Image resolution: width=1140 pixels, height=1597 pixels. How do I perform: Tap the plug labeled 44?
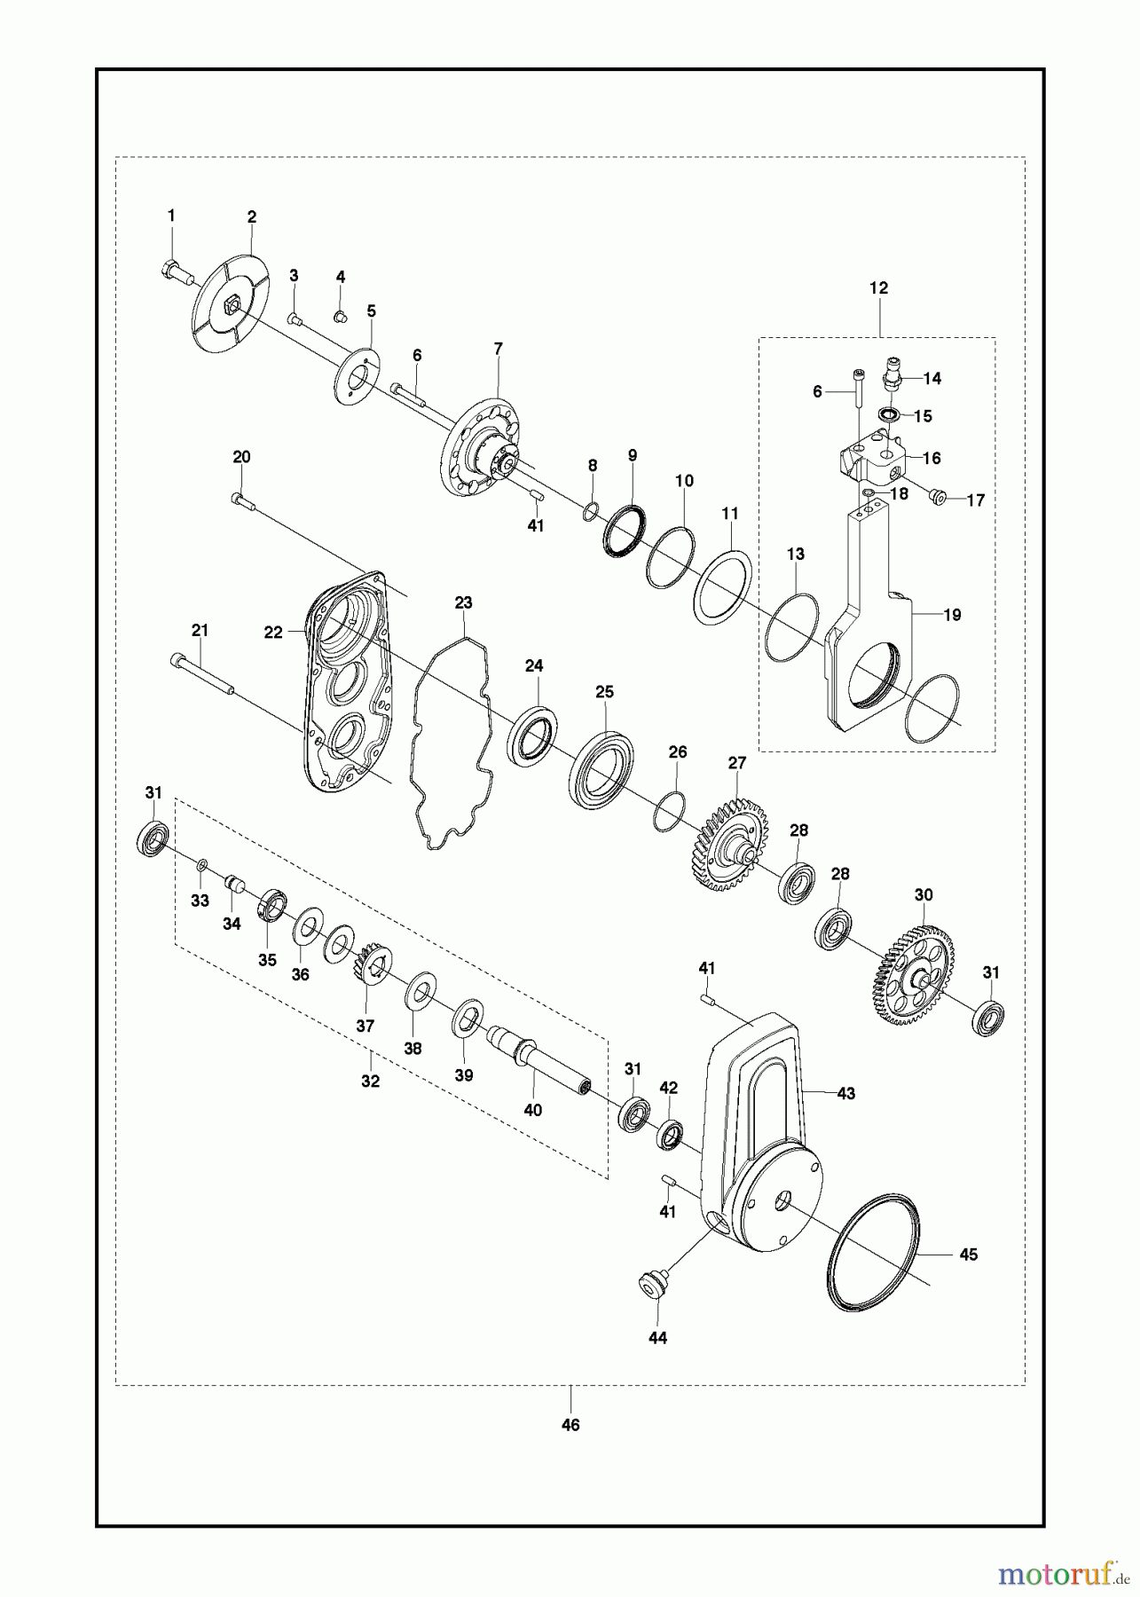(x=653, y=1283)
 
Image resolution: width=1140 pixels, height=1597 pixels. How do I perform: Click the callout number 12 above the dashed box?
(x=878, y=288)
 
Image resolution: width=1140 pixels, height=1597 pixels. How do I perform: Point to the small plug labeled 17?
(x=937, y=495)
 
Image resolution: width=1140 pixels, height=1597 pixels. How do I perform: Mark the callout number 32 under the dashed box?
(x=370, y=1082)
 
